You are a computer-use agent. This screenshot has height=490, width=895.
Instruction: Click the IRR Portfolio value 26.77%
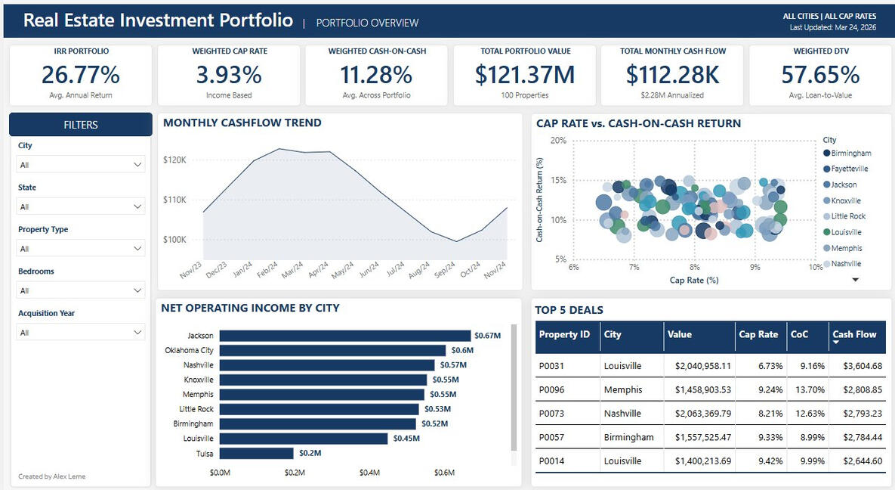(x=80, y=75)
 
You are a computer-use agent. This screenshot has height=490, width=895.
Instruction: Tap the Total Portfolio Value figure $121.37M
(x=525, y=75)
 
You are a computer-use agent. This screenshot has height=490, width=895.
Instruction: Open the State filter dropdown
(x=81, y=206)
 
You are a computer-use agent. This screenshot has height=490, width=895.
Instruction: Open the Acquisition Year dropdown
(x=81, y=332)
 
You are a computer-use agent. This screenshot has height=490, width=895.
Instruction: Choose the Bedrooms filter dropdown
(x=81, y=290)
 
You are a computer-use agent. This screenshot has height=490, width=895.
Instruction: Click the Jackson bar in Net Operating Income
(x=344, y=336)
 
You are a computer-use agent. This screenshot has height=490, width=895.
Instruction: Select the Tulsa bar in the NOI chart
(x=256, y=453)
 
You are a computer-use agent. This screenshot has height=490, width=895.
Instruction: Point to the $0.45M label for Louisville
(x=405, y=439)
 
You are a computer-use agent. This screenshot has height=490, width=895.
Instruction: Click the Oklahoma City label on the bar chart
(x=189, y=350)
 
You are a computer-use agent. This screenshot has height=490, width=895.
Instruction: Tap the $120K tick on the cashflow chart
(x=174, y=160)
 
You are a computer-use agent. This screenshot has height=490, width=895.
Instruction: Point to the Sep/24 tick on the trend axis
(x=445, y=271)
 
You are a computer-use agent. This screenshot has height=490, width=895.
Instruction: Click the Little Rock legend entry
(x=847, y=216)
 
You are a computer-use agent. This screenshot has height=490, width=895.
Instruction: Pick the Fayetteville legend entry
(x=849, y=169)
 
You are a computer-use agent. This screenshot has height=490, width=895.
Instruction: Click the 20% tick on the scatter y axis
(x=558, y=141)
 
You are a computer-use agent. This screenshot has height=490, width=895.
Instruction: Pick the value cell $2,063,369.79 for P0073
(x=699, y=414)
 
